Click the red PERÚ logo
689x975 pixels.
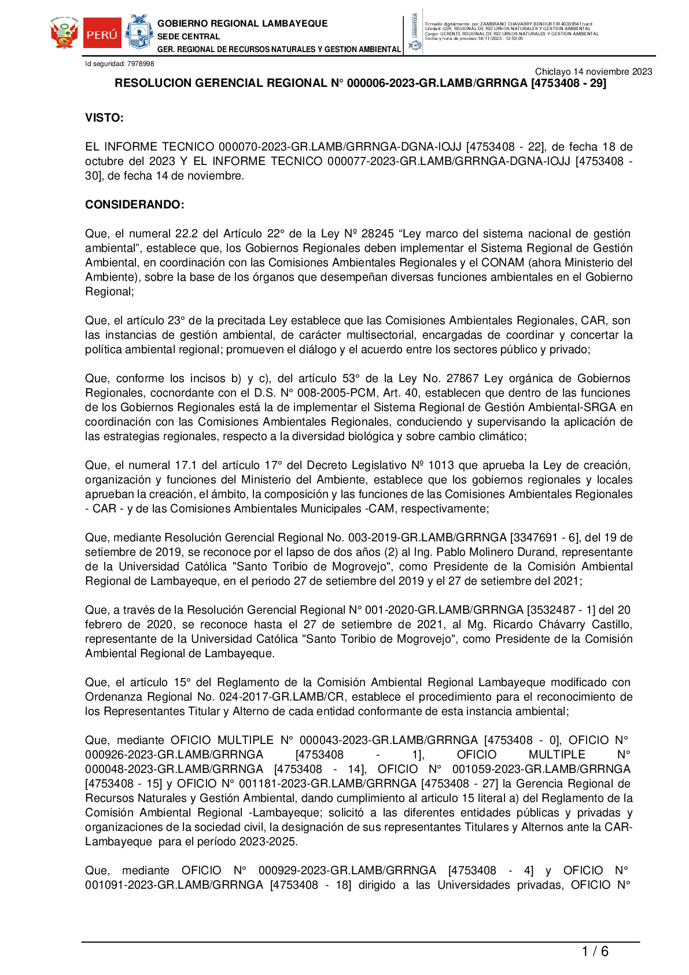(102, 34)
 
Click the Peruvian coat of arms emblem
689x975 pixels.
(64, 34)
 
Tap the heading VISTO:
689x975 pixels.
(105, 118)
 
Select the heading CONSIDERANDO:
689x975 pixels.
(135, 205)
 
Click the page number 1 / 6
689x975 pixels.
(595, 951)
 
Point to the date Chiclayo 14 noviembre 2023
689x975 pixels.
(593, 72)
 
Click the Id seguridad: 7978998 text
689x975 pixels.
(120, 64)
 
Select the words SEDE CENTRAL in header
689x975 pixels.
(189, 36)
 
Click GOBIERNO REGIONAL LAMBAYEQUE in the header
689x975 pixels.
(242, 24)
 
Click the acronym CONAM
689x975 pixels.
(503, 263)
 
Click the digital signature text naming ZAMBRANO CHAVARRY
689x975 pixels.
(509, 24)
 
